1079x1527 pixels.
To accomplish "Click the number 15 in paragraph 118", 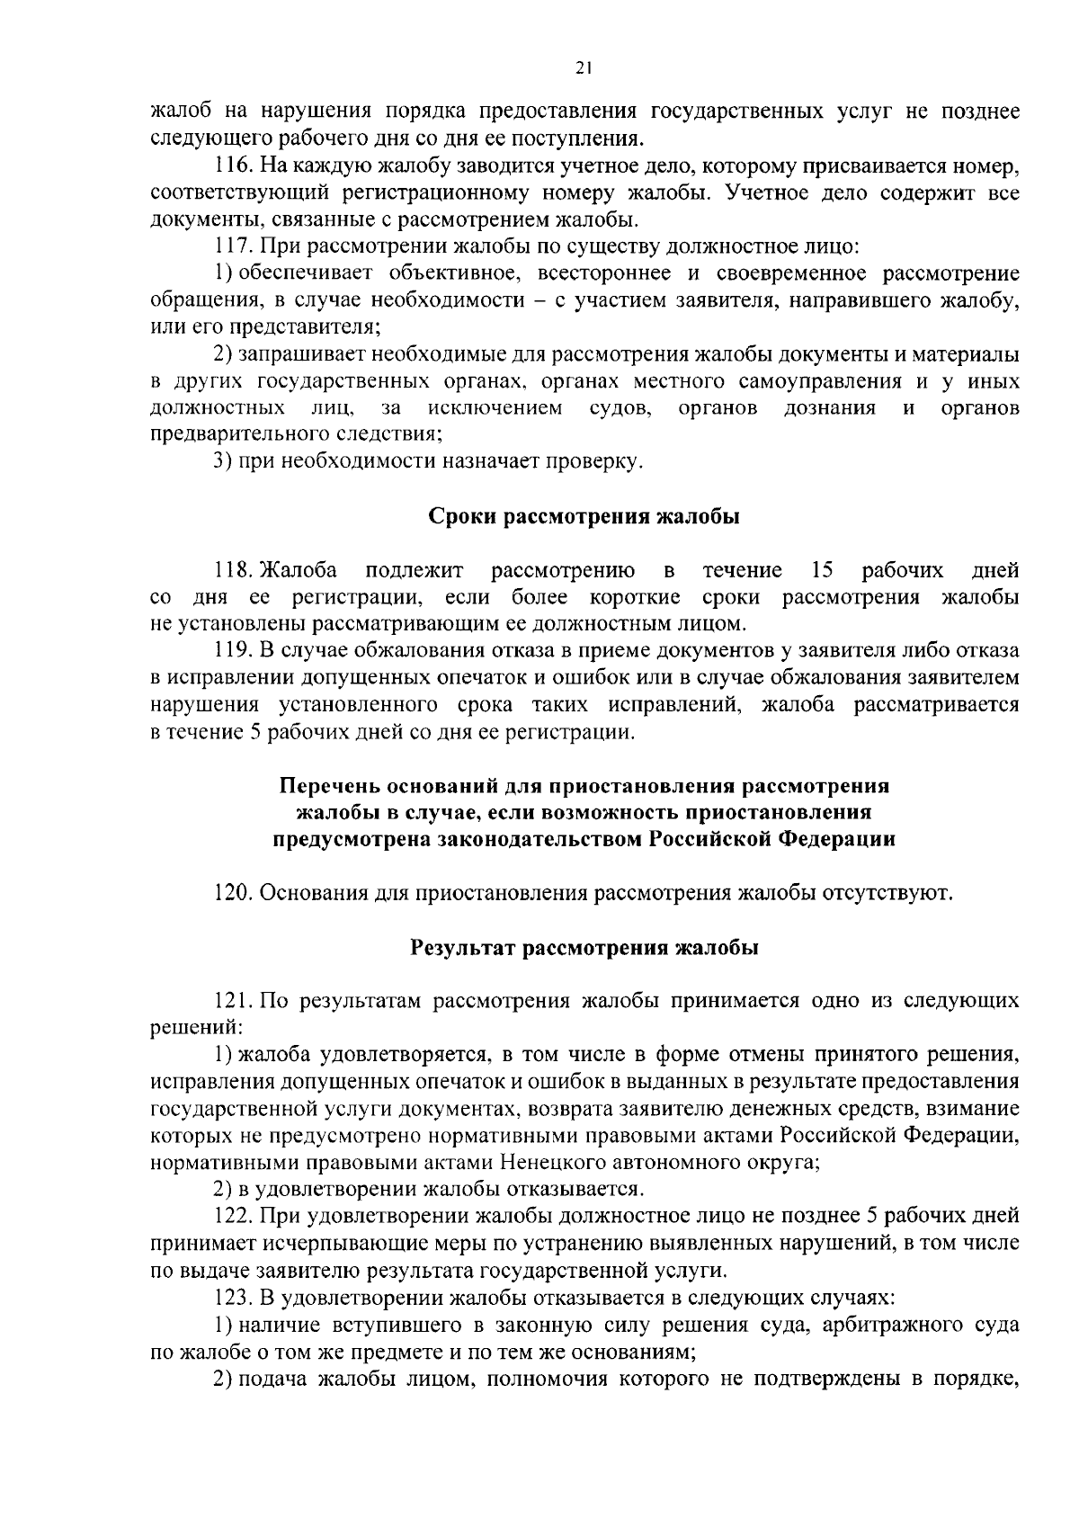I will click(x=821, y=571).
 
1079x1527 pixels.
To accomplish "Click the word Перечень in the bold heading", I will click(x=328, y=787).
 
